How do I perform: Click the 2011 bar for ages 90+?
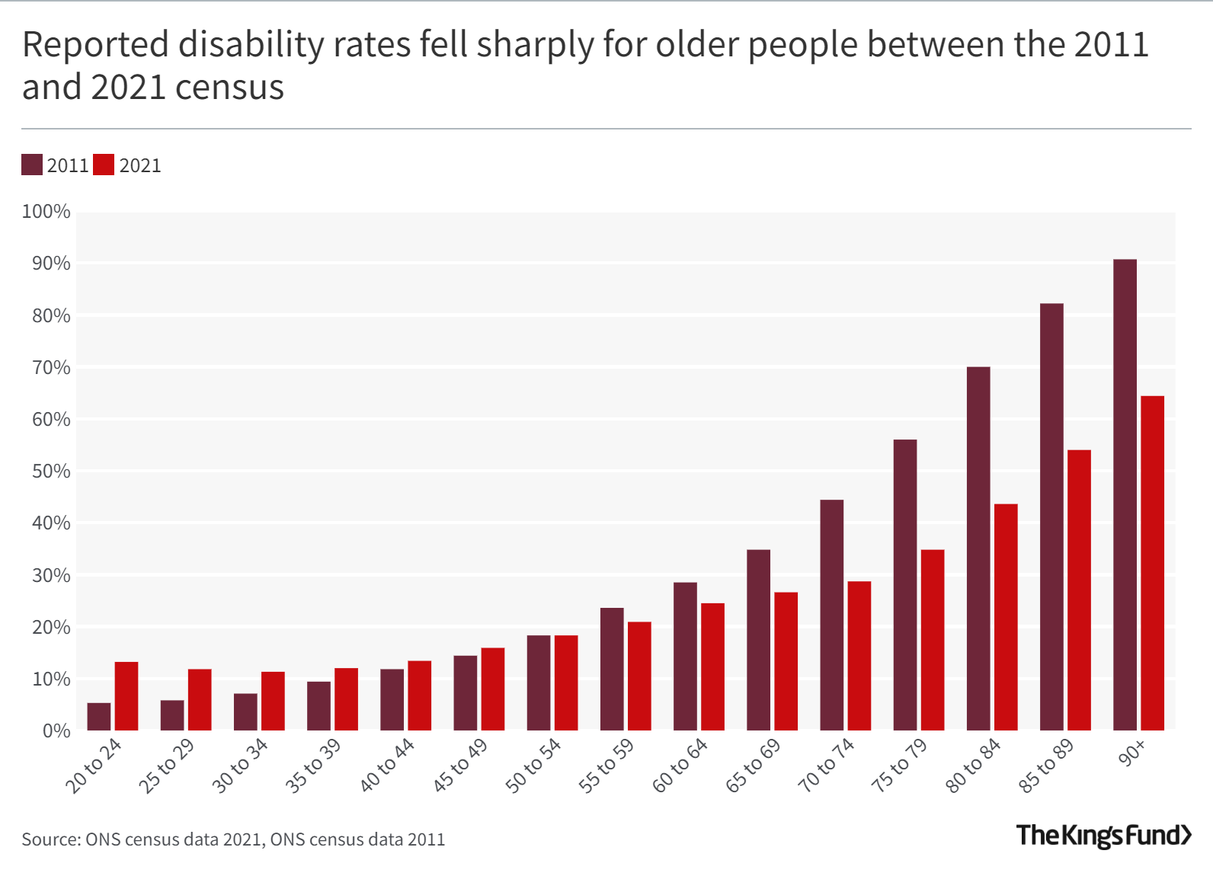1125,495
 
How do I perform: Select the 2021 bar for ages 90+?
1152,564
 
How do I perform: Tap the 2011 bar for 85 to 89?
1051,518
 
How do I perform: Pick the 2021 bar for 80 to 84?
1006,617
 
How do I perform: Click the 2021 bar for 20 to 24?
126,696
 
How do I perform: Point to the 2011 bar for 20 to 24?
99,717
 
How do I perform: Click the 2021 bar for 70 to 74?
859,656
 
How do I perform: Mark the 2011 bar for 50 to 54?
539,683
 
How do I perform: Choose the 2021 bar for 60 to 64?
712,667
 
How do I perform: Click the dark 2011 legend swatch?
32,165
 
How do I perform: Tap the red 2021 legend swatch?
104,165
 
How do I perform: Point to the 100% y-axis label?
46,211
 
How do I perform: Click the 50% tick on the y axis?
50,471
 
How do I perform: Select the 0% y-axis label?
56,731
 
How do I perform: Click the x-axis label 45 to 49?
461,765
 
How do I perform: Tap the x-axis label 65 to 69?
754,765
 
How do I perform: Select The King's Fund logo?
1103,836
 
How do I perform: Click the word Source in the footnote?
50,839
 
